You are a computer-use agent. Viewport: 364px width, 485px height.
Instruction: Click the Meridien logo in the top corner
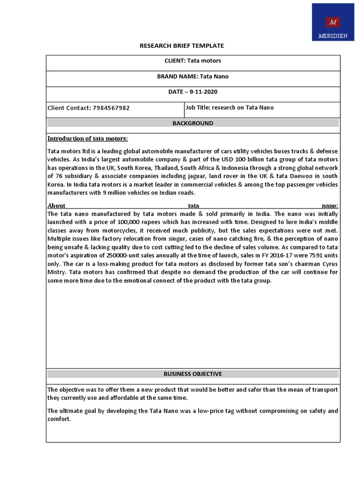[x=333, y=22]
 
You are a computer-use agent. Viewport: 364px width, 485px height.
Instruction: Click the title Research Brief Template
[x=182, y=46]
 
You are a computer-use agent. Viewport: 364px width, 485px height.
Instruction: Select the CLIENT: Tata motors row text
[x=192, y=61]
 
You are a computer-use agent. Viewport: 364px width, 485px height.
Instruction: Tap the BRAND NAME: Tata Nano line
[x=192, y=77]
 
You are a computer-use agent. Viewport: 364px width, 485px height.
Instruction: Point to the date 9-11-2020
[x=200, y=92]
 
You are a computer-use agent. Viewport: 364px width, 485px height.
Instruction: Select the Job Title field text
[x=229, y=108]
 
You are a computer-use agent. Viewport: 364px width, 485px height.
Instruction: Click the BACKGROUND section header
[x=192, y=123]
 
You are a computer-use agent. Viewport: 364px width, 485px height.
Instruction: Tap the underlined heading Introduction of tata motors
[x=88, y=138]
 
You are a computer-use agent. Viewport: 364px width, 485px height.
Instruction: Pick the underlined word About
[x=56, y=206]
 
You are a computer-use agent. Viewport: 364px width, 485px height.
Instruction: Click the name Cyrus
[x=328, y=264]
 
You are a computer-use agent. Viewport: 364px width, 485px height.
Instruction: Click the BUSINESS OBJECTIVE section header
[x=192, y=374]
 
